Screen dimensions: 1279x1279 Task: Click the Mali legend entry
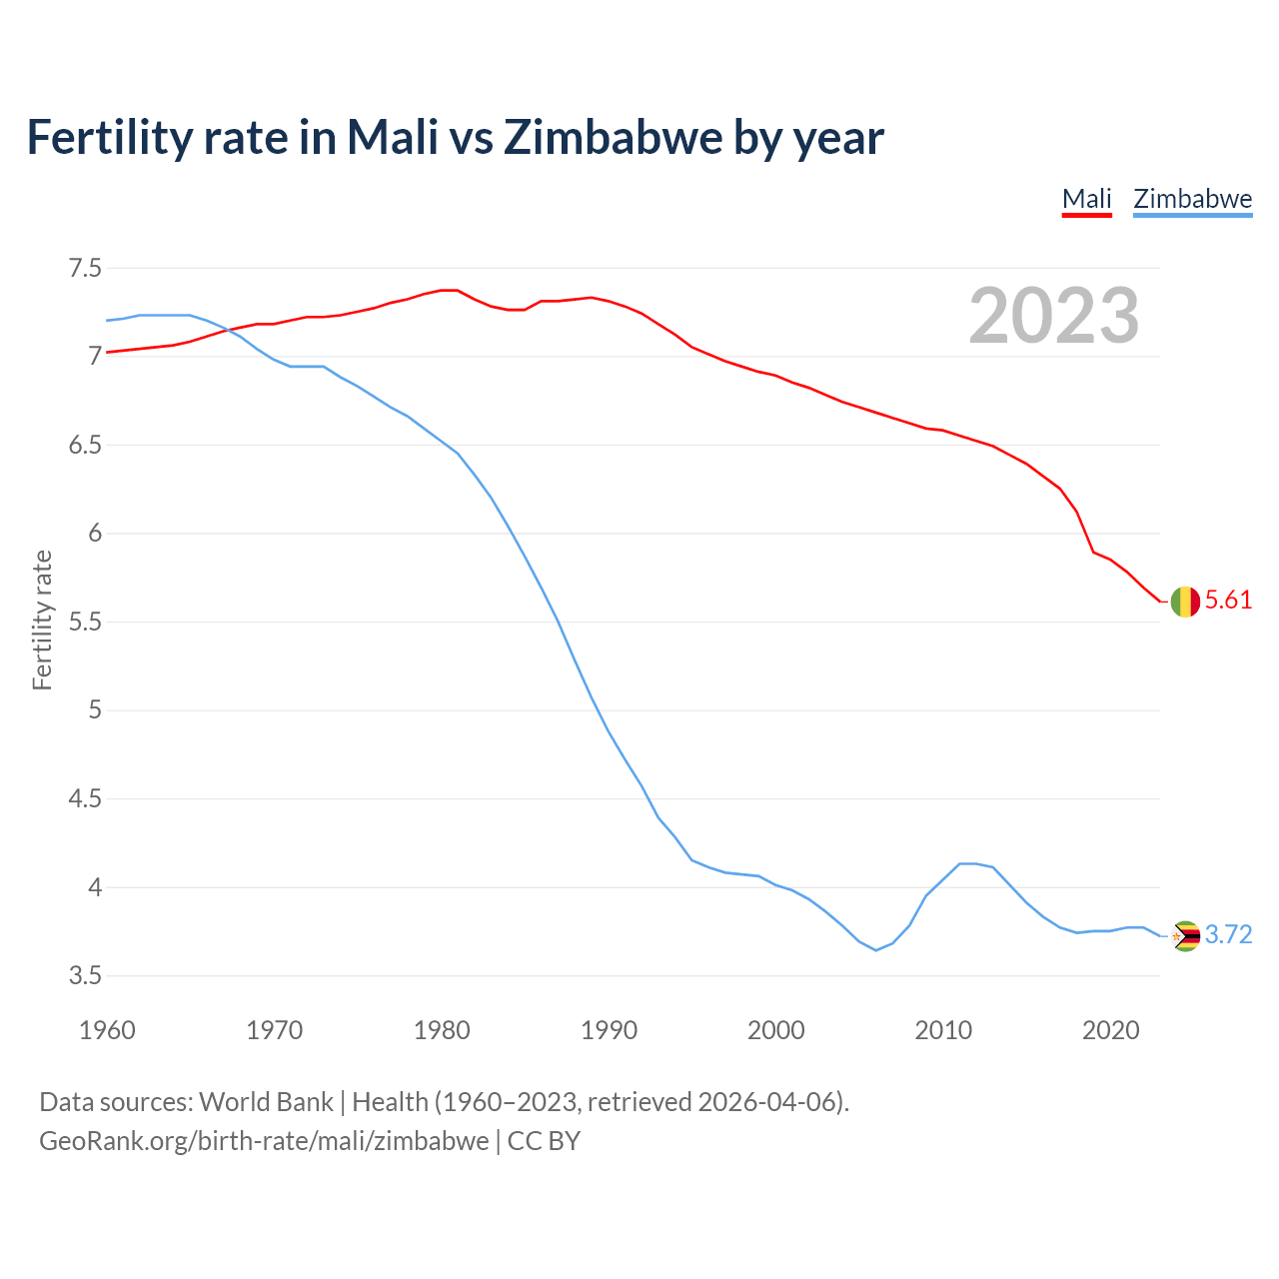(x=1086, y=199)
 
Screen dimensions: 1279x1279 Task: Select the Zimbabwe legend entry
(x=1192, y=199)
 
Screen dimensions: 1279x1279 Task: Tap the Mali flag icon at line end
(x=1185, y=602)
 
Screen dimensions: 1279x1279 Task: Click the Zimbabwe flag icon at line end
(x=1185, y=936)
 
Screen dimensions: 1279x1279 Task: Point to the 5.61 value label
(x=1228, y=600)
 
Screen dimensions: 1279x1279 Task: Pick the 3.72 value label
(x=1228, y=934)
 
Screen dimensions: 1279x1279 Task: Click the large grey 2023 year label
(x=1054, y=316)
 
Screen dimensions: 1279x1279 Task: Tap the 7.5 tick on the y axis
(x=85, y=268)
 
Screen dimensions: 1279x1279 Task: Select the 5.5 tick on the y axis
(x=85, y=622)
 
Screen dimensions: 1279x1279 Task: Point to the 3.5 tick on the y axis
(x=85, y=975)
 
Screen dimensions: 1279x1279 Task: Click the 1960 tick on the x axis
(x=107, y=1030)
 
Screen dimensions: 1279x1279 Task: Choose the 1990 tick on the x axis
(x=609, y=1030)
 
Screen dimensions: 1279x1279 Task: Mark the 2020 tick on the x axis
(x=1110, y=1030)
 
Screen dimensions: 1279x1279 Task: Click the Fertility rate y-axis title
(x=42, y=620)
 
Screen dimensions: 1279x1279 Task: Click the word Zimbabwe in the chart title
(x=614, y=137)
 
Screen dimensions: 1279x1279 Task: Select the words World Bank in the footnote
(x=266, y=1102)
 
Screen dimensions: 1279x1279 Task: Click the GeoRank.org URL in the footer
(x=264, y=1141)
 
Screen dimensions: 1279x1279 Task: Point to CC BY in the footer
(x=544, y=1141)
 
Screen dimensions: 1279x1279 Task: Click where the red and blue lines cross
(x=226, y=329)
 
